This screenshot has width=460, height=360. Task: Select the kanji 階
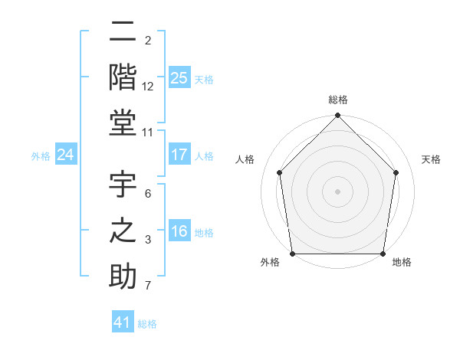[x=123, y=77]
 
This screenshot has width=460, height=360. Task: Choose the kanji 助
[x=123, y=276]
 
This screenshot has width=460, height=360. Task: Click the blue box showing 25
[x=179, y=77]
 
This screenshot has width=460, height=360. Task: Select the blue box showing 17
[x=179, y=155]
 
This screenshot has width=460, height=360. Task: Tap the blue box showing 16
[x=179, y=232]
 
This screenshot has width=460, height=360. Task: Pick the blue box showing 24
[x=66, y=155]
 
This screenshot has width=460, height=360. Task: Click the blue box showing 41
[x=123, y=322]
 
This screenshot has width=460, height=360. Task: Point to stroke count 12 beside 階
[x=148, y=87]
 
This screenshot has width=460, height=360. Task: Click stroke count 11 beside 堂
[x=148, y=133]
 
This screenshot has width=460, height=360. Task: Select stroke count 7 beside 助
[x=148, y=286]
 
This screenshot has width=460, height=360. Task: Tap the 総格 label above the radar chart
[x=338, y=100]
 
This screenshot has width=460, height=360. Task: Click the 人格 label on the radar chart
[x=245, y=160]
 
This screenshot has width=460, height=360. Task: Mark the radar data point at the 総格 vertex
[x=337, y=116]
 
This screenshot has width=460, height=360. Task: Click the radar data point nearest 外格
[x=292, y=254]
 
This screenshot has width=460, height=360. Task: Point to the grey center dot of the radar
[x=337, y=191]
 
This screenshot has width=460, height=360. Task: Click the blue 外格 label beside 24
[x=41, y=156]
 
